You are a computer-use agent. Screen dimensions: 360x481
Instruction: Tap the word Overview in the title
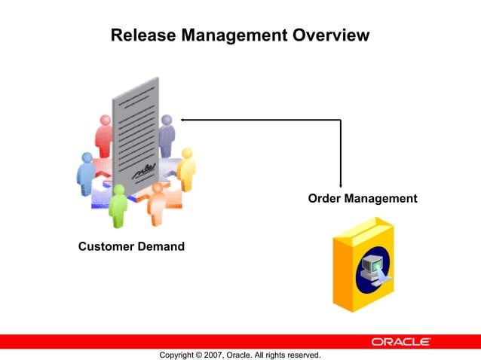329,35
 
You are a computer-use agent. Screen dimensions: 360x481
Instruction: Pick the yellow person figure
185,169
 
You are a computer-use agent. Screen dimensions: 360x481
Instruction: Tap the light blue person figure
87,173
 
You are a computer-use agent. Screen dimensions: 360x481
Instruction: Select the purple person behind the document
167,136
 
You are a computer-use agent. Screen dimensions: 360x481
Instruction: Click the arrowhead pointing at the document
183,119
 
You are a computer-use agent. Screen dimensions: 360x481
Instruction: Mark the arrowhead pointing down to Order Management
341,184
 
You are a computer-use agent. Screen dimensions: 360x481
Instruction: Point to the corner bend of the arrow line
341,119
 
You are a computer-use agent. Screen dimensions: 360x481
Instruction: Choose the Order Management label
363,199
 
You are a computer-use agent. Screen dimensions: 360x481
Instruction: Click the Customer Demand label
131,247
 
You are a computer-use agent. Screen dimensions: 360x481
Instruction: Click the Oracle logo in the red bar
400,342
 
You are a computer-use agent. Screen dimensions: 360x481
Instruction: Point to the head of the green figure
117,190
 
